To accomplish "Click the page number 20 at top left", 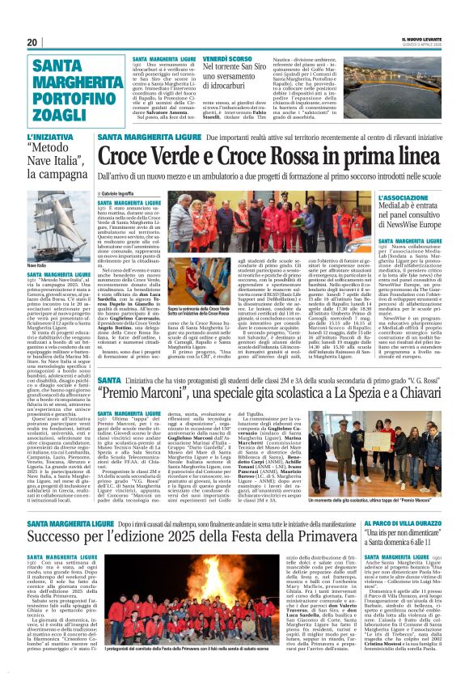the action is pyautogui.click(x=32, y=42).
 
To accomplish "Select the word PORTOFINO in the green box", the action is pyautogui.click(x=77, y=87).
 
